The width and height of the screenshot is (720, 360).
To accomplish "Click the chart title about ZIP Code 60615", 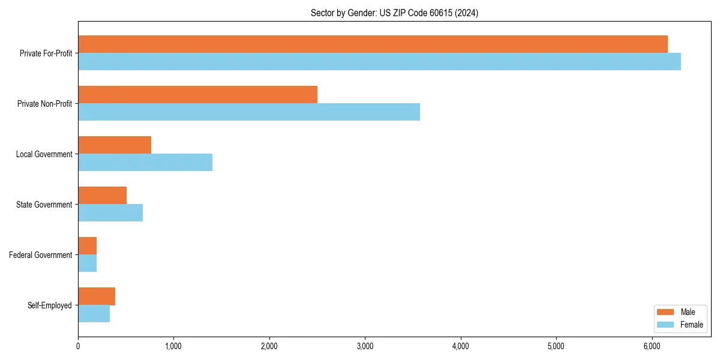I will (394, 13).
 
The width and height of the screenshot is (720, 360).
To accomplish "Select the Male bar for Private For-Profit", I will (373, 44).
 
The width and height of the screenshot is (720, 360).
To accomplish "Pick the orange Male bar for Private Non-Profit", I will (197, 95).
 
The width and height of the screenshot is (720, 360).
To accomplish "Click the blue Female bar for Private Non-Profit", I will (249, 112).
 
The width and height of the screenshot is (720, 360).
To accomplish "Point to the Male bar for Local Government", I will (115, 145).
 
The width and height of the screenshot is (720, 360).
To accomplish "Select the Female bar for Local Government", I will (145, 163).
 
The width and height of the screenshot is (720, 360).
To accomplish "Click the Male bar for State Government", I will (102, 196).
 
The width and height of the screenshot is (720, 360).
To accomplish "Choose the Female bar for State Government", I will (110, 213).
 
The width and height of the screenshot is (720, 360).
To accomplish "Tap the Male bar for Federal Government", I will (88, 246).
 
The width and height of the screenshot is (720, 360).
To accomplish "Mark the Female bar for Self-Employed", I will (94, 314).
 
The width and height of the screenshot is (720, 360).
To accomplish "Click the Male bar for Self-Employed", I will (97, 296).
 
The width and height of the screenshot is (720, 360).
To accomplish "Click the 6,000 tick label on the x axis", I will (652, 346).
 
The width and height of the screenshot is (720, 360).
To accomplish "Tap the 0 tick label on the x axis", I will (78, 346).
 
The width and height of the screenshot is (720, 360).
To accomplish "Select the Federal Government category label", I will (41, 255).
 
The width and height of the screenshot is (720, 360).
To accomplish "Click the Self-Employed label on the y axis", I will (50, 305).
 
